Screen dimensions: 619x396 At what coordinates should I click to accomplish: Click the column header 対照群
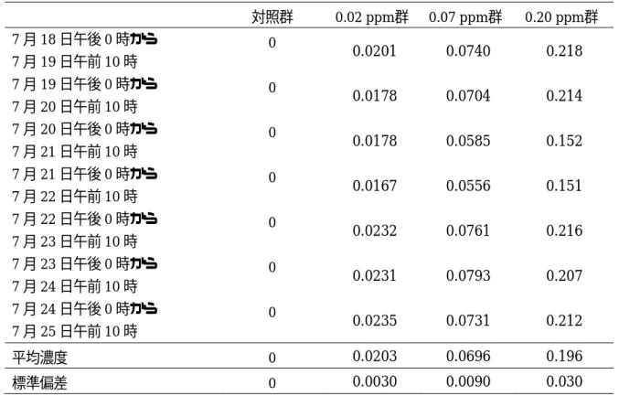click(x=272, y=17)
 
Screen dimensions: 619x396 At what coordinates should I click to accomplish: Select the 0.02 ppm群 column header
click(x=372, y=17)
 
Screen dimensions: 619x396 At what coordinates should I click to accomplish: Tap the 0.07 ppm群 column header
click(x=465, y=17)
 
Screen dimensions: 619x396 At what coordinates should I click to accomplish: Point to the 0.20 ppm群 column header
click(x=561, y=17)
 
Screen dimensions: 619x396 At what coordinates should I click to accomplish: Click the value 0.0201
click(x=374, y=51)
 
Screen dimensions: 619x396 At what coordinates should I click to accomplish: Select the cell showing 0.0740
click(x=468, y=51)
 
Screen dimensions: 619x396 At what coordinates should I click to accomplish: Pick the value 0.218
click(x=564, y=51)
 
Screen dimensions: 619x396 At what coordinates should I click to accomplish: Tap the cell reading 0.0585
click(x=468, y=141)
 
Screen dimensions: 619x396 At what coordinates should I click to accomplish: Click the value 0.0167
click(x=374, y=186)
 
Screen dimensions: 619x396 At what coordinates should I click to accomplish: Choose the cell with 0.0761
click(x=468, y=231)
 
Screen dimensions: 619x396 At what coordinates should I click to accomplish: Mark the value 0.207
click(x=564, y=276)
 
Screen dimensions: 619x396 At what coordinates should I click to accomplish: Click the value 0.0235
click(x=374, y=321)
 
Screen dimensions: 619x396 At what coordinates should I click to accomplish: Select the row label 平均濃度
click(x=39, y=358)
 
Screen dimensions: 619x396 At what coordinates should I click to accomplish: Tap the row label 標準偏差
click(x=39, y=383)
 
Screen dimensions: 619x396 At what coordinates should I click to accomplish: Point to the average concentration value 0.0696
click(x=468, y=357)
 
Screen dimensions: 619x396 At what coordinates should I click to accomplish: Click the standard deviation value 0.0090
click(x=468, y=381)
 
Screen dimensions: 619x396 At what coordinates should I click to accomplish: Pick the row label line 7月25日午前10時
click(x=75, y=331)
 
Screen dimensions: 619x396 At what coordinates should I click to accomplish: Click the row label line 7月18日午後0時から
click(x=84, y=39)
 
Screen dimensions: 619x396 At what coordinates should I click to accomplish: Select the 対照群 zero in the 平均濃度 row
click(x=272, y=359)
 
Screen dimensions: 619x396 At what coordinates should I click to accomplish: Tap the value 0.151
click(x=564, y=186)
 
